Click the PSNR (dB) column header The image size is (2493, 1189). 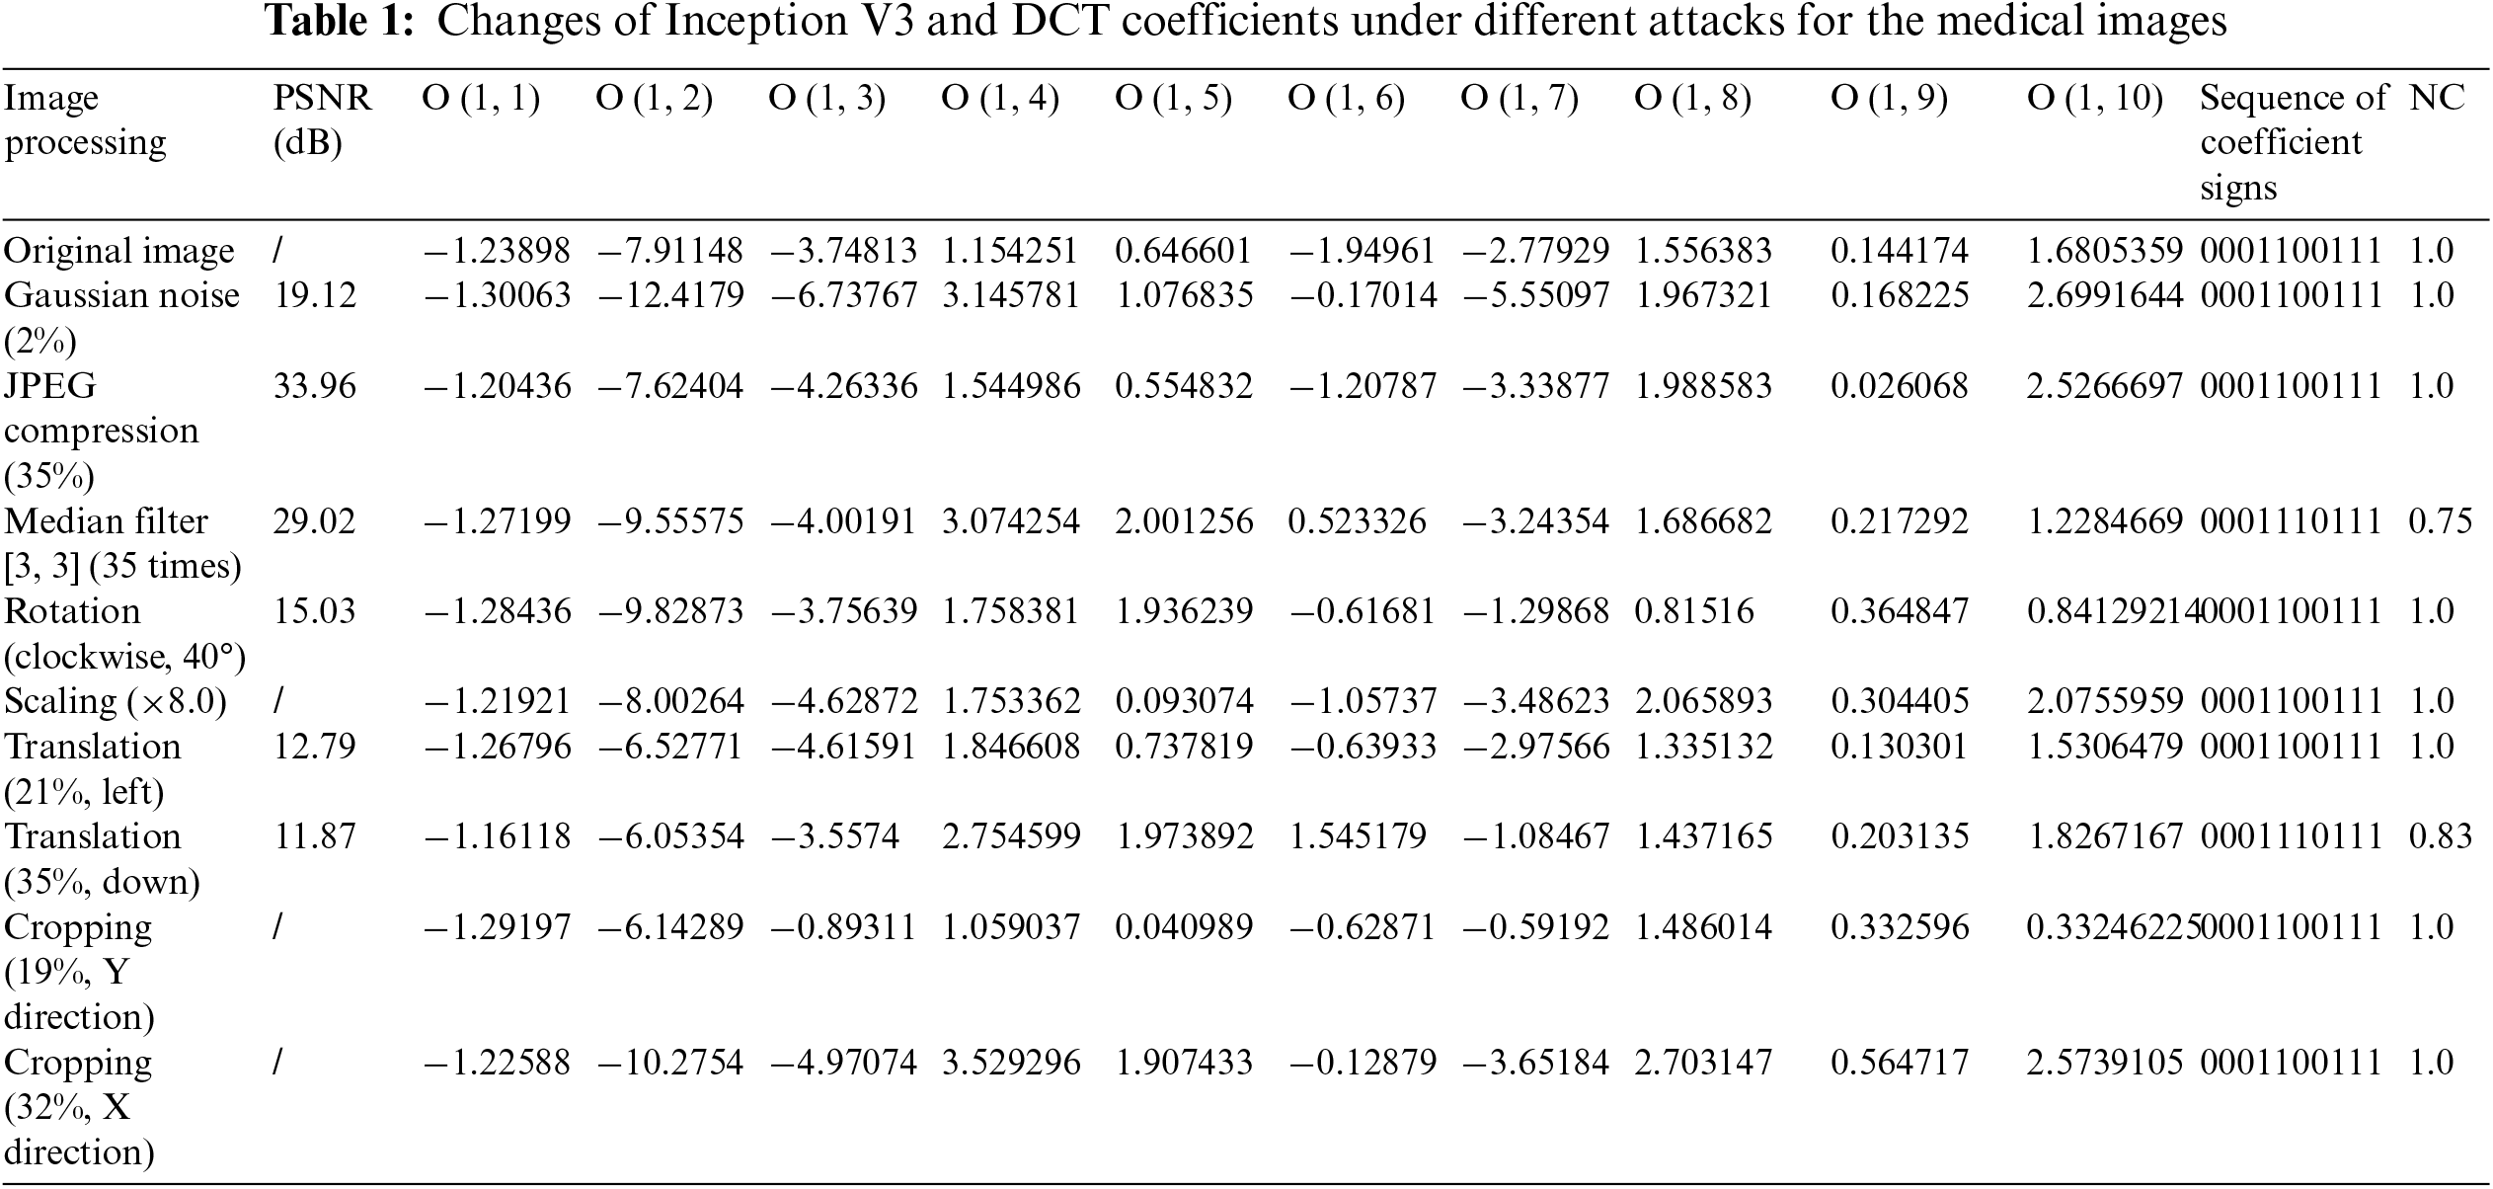(x=322, y=120)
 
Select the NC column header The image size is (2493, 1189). (x=2437, y=98)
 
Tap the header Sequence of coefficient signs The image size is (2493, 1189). (x=2293, y=142)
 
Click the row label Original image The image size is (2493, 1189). (x=118, y=251)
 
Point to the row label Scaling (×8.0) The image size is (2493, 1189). (x=116, y=701)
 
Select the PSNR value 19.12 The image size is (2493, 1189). (x=314, y=295)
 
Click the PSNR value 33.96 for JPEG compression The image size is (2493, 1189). (x=314, y=385)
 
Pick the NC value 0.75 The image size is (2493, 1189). (x=2440, y=521)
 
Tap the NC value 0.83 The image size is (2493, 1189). (x=2440, y=836)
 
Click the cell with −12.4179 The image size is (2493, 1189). (x=670, y=295)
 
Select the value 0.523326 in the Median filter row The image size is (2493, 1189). (x=1357, y=521)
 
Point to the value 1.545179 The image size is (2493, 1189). (x=1357, y=836)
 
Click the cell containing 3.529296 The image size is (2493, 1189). (x=1010, y=1063)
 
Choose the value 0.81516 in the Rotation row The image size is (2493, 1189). (x=1693, y=611)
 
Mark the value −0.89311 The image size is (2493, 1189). (x=843, y=927)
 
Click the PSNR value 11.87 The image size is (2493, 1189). (x=314, y=836)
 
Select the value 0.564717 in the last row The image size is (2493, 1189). (x=1899, y=1063)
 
